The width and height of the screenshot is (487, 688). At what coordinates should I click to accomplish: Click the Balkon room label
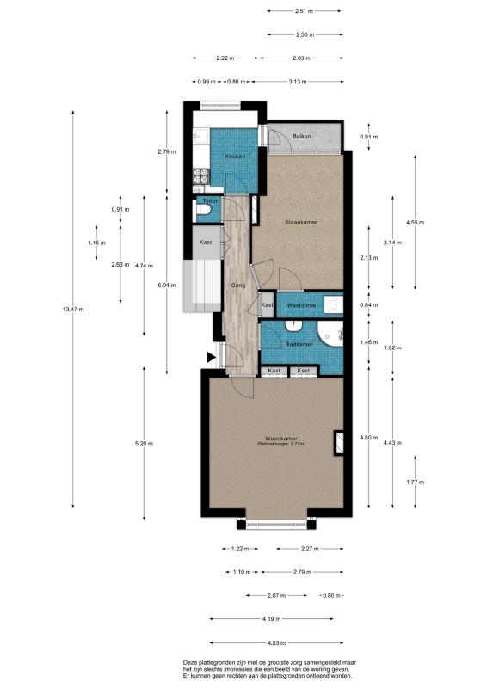(x=302, y=137)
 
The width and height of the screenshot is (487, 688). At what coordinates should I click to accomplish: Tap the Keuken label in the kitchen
(x=235, y=157)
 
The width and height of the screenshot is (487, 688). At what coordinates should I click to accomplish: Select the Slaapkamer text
(x=301, y=223)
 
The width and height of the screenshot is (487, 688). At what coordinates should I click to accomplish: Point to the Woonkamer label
(x=281, y=439)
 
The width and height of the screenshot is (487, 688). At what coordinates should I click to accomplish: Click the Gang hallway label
(x=238, y=286)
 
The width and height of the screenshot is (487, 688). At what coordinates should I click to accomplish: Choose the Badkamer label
(x=299, y=345)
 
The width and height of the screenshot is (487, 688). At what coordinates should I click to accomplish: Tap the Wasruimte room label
(x=301, y=305)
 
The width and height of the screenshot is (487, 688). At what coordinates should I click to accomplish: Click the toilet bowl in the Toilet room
(x=203, y=210)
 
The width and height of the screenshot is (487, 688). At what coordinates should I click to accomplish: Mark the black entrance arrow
(x=211, y=357)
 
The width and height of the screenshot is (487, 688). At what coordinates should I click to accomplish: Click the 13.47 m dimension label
(x=73, y=310)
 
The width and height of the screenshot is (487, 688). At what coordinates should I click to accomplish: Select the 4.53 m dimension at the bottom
(x=277, y=643)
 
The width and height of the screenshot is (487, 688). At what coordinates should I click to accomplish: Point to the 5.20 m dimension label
(x=144, y=444)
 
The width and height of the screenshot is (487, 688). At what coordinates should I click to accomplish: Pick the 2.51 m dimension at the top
(x=304, y=11)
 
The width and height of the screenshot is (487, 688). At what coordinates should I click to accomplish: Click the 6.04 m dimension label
(x=167, y=286)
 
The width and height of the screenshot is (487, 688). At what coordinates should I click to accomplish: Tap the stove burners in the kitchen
(x=202, y=176)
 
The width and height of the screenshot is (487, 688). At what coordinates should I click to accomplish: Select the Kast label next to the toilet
(x=206, y=243)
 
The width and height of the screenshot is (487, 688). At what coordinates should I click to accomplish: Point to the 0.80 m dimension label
(x=331, y=596)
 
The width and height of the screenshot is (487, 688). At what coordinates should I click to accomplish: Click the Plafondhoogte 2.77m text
(x=280, y=444)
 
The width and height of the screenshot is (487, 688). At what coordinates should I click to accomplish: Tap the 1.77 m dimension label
(x=416, y=482)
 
